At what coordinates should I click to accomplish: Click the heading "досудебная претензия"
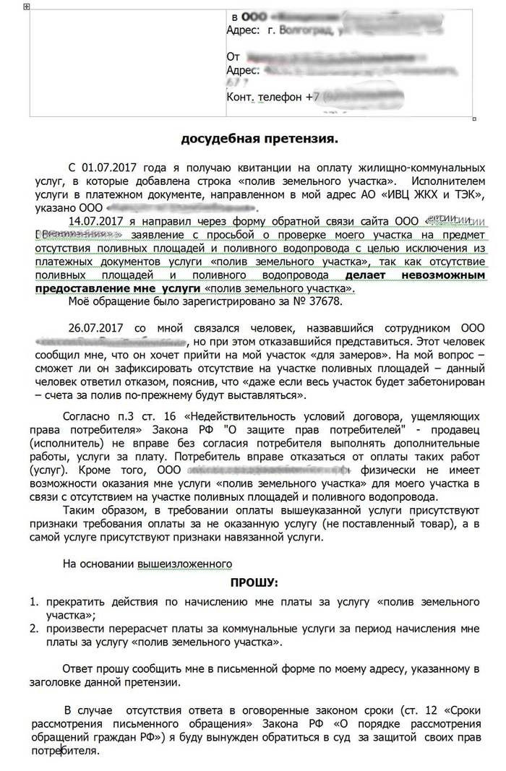[x=259, y=138]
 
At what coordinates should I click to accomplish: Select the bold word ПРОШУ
[x=258, y=582]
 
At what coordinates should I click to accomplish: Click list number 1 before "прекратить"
[x=34, y=602]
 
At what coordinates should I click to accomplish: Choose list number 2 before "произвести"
[x=34, y=628]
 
